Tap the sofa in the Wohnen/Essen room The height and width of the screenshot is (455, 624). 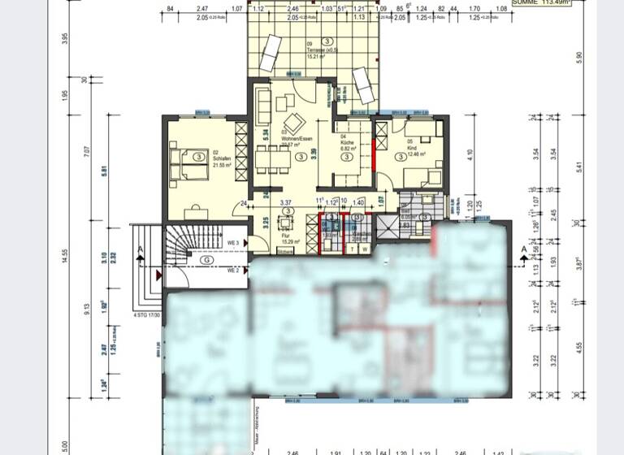click(263, 103)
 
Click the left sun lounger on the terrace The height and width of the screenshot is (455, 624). click(271, 53)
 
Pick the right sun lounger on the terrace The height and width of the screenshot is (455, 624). click(362, 84)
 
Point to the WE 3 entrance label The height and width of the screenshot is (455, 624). click(232, 242)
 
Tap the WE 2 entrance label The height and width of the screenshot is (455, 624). click(232, 270)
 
